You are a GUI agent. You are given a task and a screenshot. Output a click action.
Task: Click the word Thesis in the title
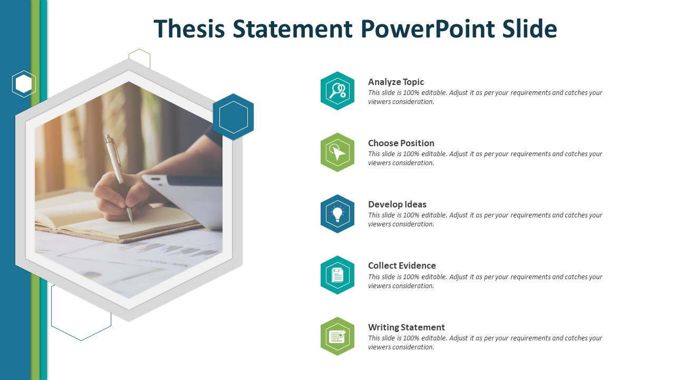pyautogui.click(x=189, y=28)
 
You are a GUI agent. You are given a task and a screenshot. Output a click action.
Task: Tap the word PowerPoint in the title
pyautogui.click(x=428, y=28)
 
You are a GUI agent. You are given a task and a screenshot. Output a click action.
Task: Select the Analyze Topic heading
pyautogui.click(x=396, y=82)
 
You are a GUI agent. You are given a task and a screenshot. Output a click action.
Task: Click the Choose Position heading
pyautogui.click(x=401, y=143)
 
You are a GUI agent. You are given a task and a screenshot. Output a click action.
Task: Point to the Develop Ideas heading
pyautogui.click(x=397, y=204)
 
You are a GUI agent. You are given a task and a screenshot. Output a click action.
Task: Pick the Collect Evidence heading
pyautogui.click(x=402, y=265)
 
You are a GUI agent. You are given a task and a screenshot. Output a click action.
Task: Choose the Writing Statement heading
pyautogui.click(x=406, y=327)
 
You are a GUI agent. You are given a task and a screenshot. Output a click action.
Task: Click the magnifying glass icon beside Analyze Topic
pyautogui.click(x=337, y=91)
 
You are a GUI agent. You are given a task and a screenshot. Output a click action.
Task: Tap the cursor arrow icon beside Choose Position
pyautogui.click(x=337, y=153)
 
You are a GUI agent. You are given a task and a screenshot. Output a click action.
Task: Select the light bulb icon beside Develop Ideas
pyautogui.click(x=337, y=214)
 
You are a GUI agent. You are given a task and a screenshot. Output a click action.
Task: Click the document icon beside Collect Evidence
pyautogui.click(x=337, y=275)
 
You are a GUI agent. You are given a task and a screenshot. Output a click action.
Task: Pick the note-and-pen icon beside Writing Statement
pyautogui.click(x=337, y=336)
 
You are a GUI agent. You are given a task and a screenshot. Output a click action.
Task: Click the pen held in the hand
pyautogui.click(x=119, y=178)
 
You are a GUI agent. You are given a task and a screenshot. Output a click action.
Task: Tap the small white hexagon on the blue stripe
pyautogui.click(x=24, y=84)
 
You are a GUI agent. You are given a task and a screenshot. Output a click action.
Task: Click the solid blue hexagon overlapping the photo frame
pyautogui.click(x=233, y=117)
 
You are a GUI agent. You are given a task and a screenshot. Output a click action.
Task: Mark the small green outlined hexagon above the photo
pyautogui.click(x=140, y=58)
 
